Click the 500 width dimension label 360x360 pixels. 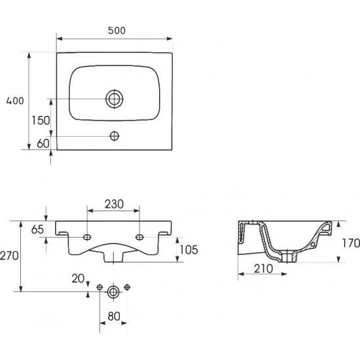click(x=117, y=31)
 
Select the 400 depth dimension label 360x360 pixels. click(x=15, y=101)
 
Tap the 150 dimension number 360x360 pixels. click(x=41, y=120)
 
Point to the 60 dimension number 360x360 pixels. click(x=43, y=143)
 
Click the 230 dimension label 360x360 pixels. click(x=114, y=204)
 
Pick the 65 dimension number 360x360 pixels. click(x=37, y=229)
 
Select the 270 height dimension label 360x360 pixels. click(x=9, y=255)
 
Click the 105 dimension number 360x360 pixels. click(x=189, y=250)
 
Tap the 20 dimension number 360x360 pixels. click(x=78, y=279)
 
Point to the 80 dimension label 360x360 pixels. click(x=114, y=316)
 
